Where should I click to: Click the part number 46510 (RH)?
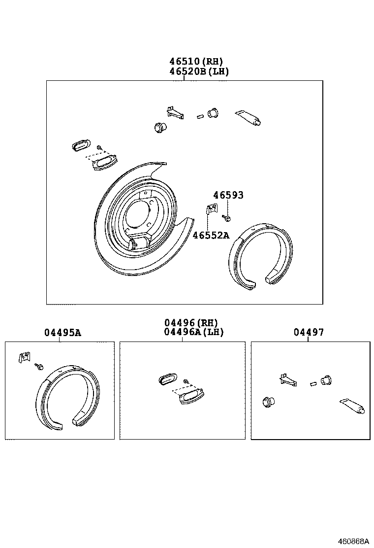pos(196,62)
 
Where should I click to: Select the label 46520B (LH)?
pos(199,71)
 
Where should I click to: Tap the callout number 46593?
pos(228,195)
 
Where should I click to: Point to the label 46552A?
pos(211,235)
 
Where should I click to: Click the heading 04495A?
pos(62,333)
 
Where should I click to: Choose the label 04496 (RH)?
pos(190,322)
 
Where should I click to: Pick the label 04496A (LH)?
pos(193,332)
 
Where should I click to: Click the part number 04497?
pos(309,333)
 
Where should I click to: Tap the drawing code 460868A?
pos(353,541)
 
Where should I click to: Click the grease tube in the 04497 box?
pos(353,407)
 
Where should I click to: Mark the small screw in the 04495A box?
pos(39,366)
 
